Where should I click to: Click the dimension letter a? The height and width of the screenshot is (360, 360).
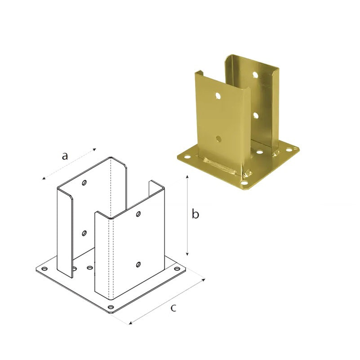[x=65, y=156]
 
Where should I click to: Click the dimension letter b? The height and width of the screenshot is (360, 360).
[x=196, y=214]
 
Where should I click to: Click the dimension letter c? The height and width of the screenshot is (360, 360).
[x=173, y=308]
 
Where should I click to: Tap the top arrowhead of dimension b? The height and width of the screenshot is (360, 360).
[x=187, y=177]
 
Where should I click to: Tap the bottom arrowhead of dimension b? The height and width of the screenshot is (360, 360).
[x=187, y=254]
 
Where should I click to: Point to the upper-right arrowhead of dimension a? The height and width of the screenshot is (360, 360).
[x=94, y=150]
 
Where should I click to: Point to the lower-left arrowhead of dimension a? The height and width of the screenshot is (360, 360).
[x=44, y=178]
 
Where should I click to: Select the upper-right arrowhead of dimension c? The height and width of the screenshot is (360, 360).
[x=203, y=279]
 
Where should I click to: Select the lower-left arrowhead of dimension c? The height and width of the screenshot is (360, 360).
[x=130, y=323]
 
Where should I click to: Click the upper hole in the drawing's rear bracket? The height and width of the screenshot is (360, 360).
[x=84, y=183]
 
